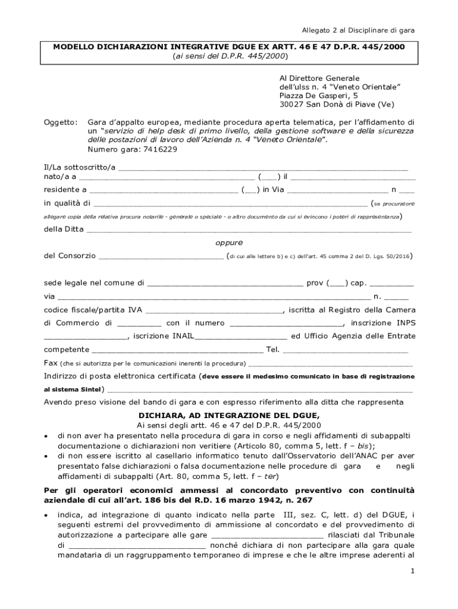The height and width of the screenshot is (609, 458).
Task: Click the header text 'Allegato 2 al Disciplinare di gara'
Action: [x=358, y=30]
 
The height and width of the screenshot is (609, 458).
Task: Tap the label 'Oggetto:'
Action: [x=61, y=122]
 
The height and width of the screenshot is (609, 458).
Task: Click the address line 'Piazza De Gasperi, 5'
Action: [x=319, y=95]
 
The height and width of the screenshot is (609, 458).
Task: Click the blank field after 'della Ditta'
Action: [x=249, y=230]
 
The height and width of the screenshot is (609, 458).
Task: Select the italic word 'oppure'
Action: [x=228, y=243]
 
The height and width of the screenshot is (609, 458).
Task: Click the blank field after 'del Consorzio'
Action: [x=161, y=257]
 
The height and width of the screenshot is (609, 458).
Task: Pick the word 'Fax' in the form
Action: [x=51, y=363]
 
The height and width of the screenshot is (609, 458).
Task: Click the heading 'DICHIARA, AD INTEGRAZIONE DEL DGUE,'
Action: [x=229, y=415]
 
